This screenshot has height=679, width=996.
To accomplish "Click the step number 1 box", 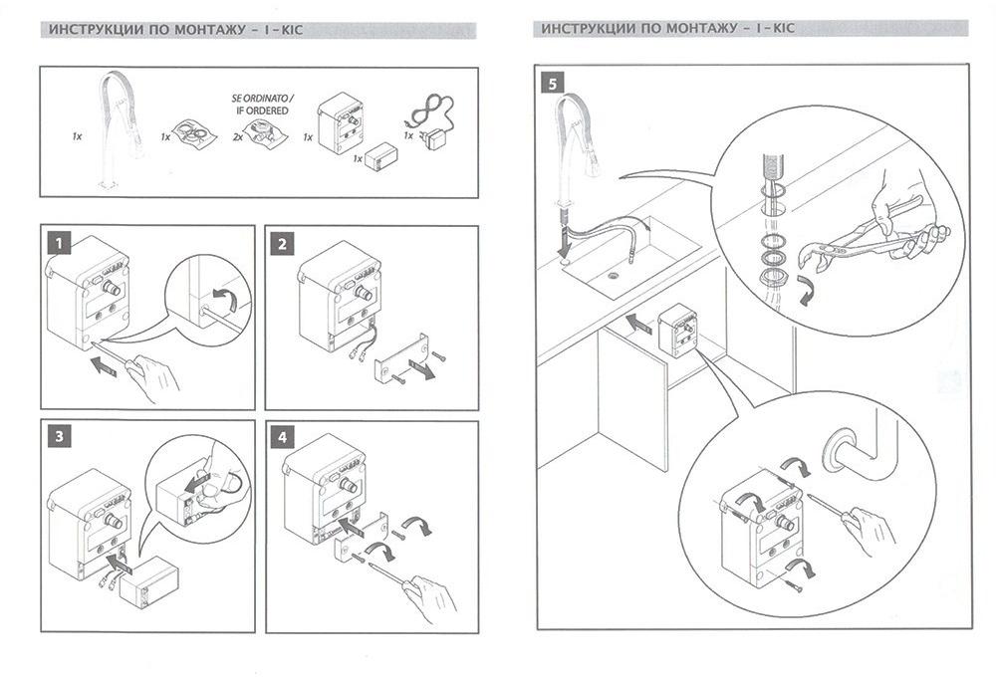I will [61, 242].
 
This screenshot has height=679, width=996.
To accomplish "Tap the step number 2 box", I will [284, 242].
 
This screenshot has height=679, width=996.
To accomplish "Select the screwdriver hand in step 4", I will [428, 594].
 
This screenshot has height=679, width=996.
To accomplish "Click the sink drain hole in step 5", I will [628, 259].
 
